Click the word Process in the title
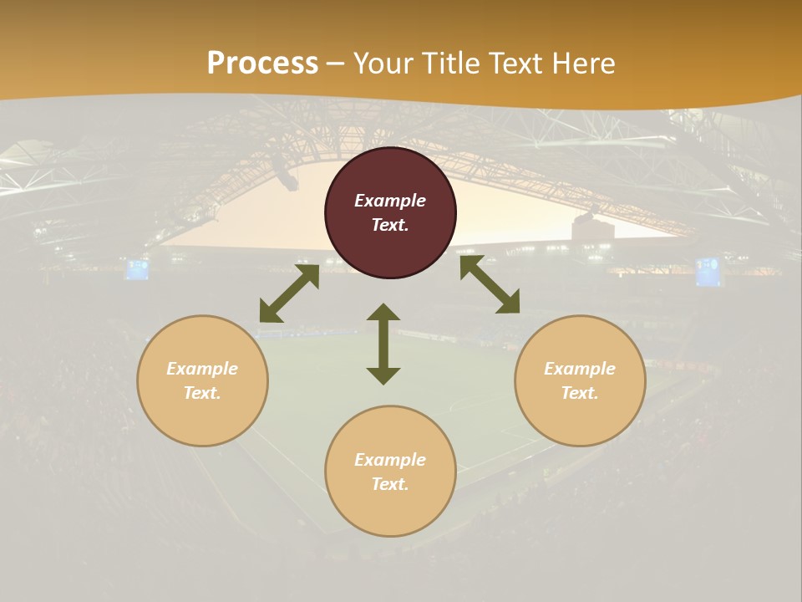pos(262,64)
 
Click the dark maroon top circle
pos(390,176)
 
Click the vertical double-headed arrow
pos(383,344)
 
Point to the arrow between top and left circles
pos(289,293)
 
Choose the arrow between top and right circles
pos(490,284)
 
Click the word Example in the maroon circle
pos(390,201)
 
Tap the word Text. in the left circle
pos(202,393)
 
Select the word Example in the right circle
pos(580,369)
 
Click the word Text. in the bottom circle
pos(390,484)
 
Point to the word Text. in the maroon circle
pos(390,225)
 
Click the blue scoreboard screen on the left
pos(137,269)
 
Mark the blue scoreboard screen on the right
pos(708,271)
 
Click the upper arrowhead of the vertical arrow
pos(383,313)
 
